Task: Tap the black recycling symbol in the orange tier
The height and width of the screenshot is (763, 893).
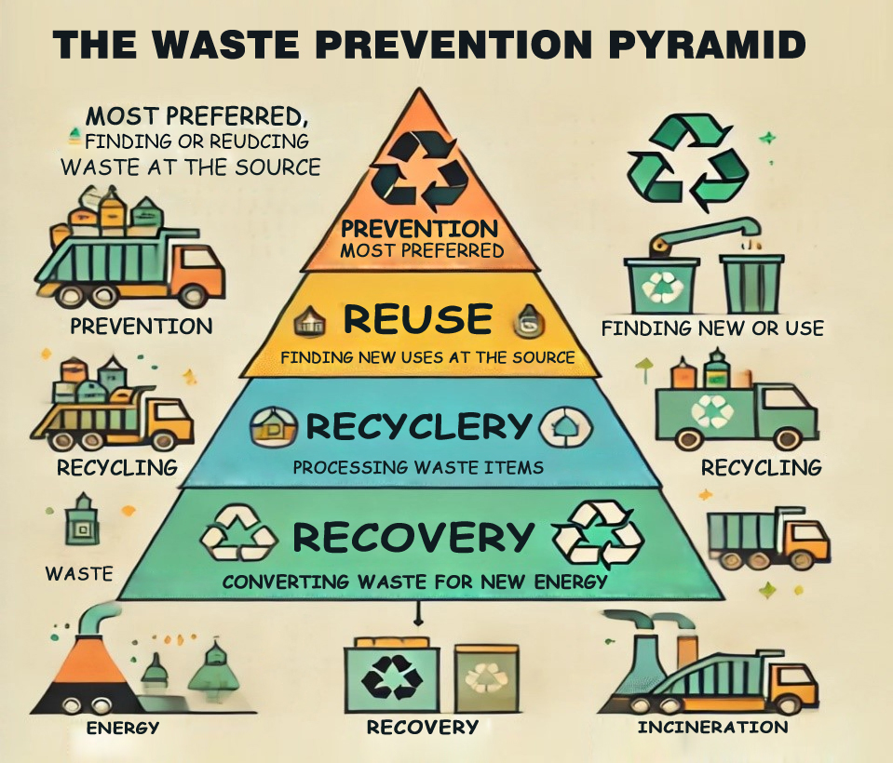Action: [x=426, y=168]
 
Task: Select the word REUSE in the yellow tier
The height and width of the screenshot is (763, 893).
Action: [x=417, y=319]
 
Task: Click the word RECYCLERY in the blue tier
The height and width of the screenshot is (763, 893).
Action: [x=418, y=427]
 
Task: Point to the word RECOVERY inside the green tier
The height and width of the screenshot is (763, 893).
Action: [x=413, y=537]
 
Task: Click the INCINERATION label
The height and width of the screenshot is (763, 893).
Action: [x=712, y=727]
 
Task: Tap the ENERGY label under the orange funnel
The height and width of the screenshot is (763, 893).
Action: [x=123, y=728]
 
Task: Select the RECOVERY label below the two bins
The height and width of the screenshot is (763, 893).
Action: [x=422, y=727]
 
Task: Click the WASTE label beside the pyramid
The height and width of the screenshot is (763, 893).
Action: [x=79, y=573]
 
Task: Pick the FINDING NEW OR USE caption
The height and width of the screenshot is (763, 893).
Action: [x=712, y=328]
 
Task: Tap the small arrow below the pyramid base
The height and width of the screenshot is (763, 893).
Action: [x=418, y=615]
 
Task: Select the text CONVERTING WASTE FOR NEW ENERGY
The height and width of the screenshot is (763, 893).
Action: [x=414, y=582]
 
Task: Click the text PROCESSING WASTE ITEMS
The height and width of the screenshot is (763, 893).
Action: [x=418, y=466]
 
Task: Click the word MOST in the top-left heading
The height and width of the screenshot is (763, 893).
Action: [x=121, y=117]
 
